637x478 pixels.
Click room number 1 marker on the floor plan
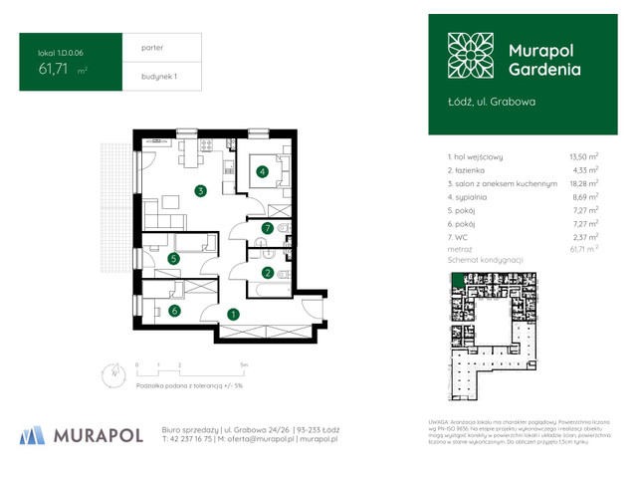[232, 315]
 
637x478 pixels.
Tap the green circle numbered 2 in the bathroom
[267, 272]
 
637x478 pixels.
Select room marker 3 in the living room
[200, 191]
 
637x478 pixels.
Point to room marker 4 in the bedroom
[262, 172]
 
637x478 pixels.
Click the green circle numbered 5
[173, 259]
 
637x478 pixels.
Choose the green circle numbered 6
[173, 311]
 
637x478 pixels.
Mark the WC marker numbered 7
[266, 228]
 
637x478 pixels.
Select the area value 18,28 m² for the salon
[582, 183]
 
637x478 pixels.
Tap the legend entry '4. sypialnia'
[472, 197]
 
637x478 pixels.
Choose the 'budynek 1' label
[145, 76]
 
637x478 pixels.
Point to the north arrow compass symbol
[108, 373]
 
